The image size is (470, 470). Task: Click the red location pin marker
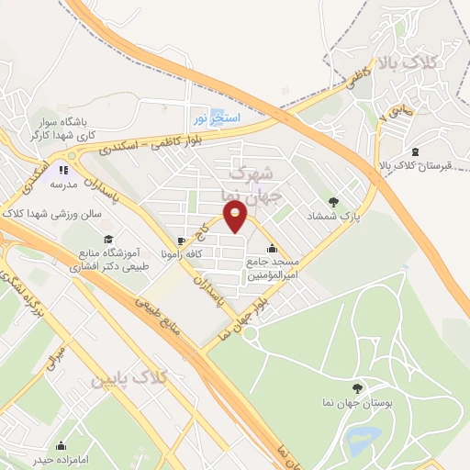[x=236, y=215]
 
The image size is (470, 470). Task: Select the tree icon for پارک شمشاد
[x=333, y=203]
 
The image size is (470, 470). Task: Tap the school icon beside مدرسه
[x=63, y=168]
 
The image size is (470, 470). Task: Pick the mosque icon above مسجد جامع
[x=272, y=248]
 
